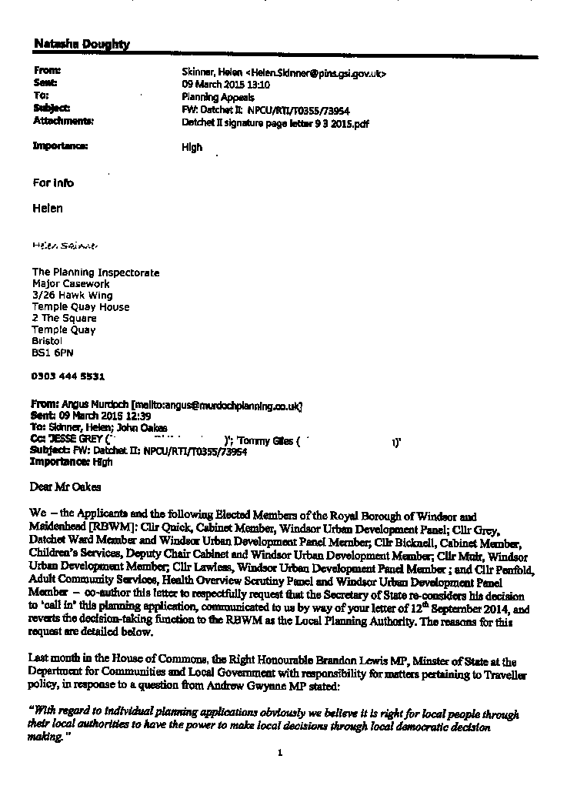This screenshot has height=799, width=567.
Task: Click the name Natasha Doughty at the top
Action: pyautogui.click(x=82, y=45)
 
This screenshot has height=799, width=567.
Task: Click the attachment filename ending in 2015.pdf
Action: pyautogui.click(x=275, y=122)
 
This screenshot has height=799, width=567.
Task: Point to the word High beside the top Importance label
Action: pyautogui.click(x=192, y=147)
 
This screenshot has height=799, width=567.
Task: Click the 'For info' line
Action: pyautogui.click(x=53, y=183)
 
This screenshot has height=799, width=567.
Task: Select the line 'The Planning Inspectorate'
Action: pyautogui.click(x=95, y=272)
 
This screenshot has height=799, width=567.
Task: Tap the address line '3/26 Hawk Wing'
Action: pyautogui.click(x=72, y=296)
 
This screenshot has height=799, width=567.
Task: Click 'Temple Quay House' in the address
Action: pyautogui.click(x=81, y=307)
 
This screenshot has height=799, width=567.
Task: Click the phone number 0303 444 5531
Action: pyautogui.click(x=68, y=376)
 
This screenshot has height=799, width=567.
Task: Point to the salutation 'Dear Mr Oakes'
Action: pyautogui.click(x=65, y=486)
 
